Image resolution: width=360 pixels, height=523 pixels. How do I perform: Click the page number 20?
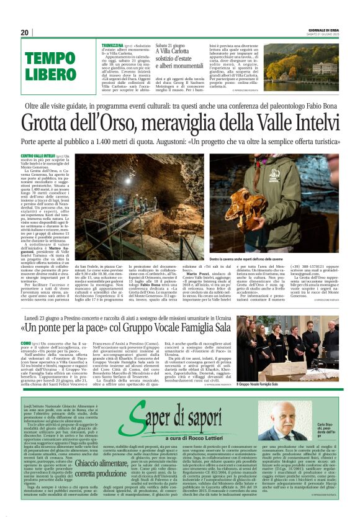coord(25,32)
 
